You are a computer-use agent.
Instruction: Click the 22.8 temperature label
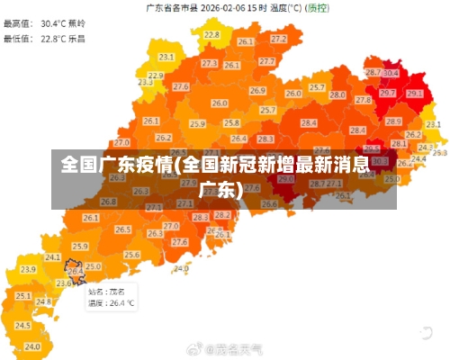pos(211,34)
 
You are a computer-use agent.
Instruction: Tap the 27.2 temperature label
pos(279,39)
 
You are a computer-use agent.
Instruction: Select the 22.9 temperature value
pos(156,76)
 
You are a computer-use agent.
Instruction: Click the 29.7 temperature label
pos(387,93)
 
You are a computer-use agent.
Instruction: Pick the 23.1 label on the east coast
pos(433,124)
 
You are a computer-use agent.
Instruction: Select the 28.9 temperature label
pos(393,121)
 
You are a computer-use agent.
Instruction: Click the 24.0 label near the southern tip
pos(182,268)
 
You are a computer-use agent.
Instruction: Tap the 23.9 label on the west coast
pos(28,269)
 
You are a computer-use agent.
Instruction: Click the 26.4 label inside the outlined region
pos(76,270)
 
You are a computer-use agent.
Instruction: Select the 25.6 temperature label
pos(132,255)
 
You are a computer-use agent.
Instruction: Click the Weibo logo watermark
pos(193,347)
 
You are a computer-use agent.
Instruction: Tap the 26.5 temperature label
pos(123,230)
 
